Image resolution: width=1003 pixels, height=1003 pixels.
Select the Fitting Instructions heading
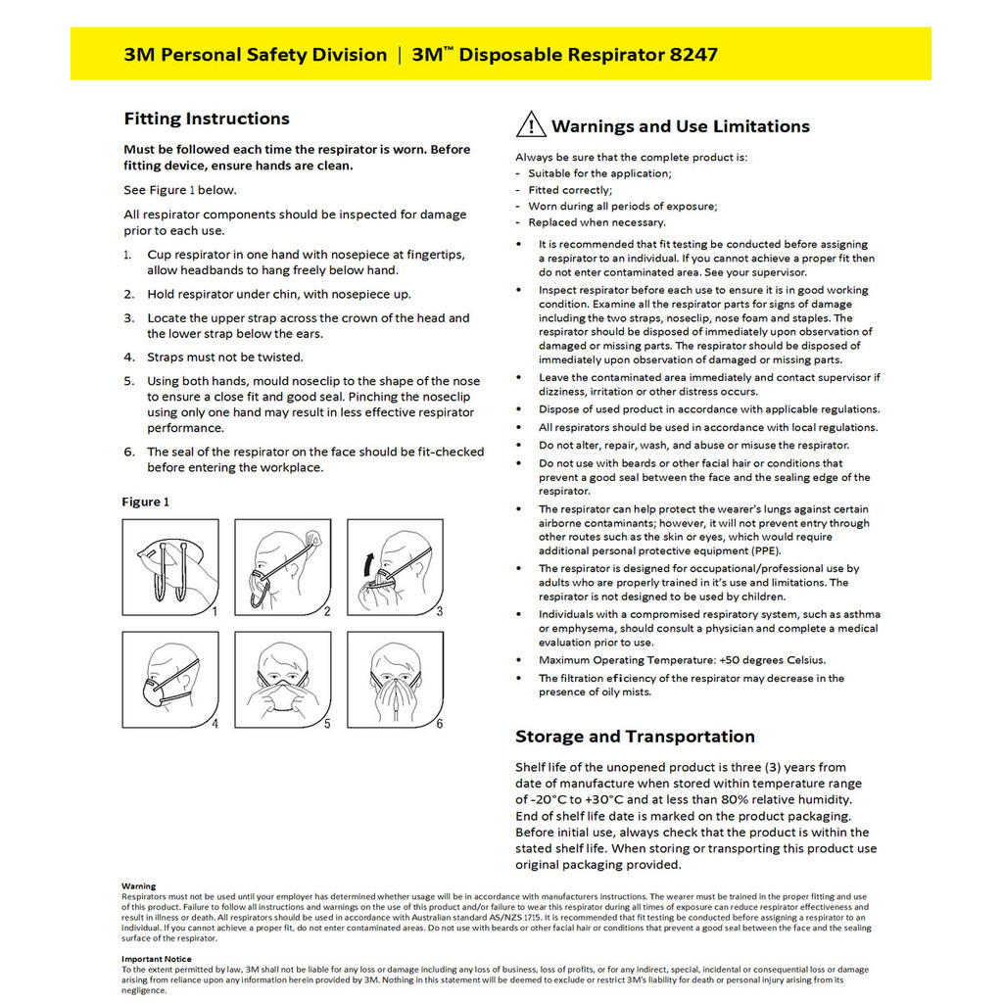point(207,119)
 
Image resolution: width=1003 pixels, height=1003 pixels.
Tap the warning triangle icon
point(530,125)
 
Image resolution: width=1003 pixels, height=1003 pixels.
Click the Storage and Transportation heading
point(635,737)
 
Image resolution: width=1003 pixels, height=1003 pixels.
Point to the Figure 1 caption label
point(145,501)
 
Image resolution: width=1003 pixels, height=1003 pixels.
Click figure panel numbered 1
point(170,568)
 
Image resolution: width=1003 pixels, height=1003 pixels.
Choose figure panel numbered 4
point(170,681)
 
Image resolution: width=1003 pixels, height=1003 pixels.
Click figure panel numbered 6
point(396,681)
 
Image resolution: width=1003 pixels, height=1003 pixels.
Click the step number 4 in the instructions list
point(128,358)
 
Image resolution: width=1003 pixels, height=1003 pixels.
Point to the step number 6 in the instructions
point(128,453)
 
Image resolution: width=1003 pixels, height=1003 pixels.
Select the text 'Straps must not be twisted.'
point(225,358)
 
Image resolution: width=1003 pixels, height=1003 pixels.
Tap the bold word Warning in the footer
point(138,885)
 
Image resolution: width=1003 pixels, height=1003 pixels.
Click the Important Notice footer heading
point(157,959)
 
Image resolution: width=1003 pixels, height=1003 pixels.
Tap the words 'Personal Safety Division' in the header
point(272,54)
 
